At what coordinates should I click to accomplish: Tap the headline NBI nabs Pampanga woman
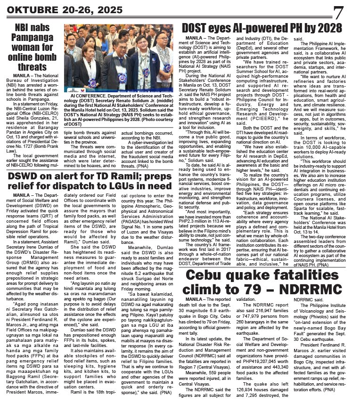point(32,47)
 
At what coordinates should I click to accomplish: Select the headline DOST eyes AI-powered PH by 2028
point(262,27)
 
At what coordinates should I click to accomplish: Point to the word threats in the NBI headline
point(32,67)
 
